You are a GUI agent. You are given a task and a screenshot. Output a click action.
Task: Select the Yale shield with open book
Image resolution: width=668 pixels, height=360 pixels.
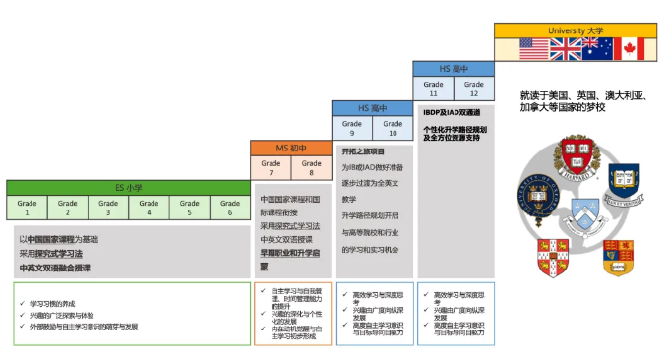[624, 182]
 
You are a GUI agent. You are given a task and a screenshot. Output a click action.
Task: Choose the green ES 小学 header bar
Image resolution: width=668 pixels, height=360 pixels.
[129, 187]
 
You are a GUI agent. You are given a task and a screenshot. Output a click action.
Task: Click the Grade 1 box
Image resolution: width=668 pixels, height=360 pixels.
[28, 207]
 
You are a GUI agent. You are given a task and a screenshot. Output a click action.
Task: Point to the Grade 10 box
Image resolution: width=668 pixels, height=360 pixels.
[392, 128]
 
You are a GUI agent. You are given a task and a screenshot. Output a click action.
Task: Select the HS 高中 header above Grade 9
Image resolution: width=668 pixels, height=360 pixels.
[372, 107]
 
